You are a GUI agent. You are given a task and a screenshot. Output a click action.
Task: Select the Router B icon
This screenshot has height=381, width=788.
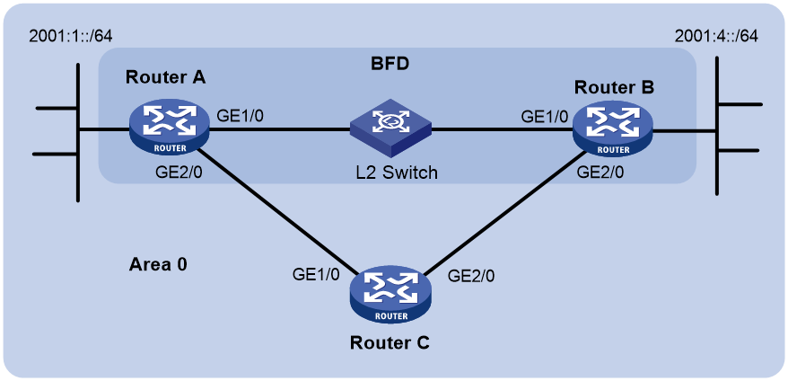point(612,127)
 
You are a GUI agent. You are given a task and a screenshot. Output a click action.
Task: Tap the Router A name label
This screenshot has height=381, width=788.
point(166,78)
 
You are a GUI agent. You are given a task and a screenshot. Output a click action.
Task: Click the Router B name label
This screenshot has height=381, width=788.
point(614,87)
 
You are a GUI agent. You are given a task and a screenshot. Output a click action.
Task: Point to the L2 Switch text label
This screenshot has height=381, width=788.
point(395,173)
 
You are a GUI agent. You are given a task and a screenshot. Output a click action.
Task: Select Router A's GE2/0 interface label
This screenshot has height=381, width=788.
point(179,173)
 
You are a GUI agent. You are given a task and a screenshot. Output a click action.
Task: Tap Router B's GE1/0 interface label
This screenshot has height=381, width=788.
point(544,116)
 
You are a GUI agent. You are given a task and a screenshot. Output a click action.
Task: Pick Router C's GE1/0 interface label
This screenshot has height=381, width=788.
point(316,274)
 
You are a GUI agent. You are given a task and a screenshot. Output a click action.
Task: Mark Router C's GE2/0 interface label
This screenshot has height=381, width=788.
point(470,274)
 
